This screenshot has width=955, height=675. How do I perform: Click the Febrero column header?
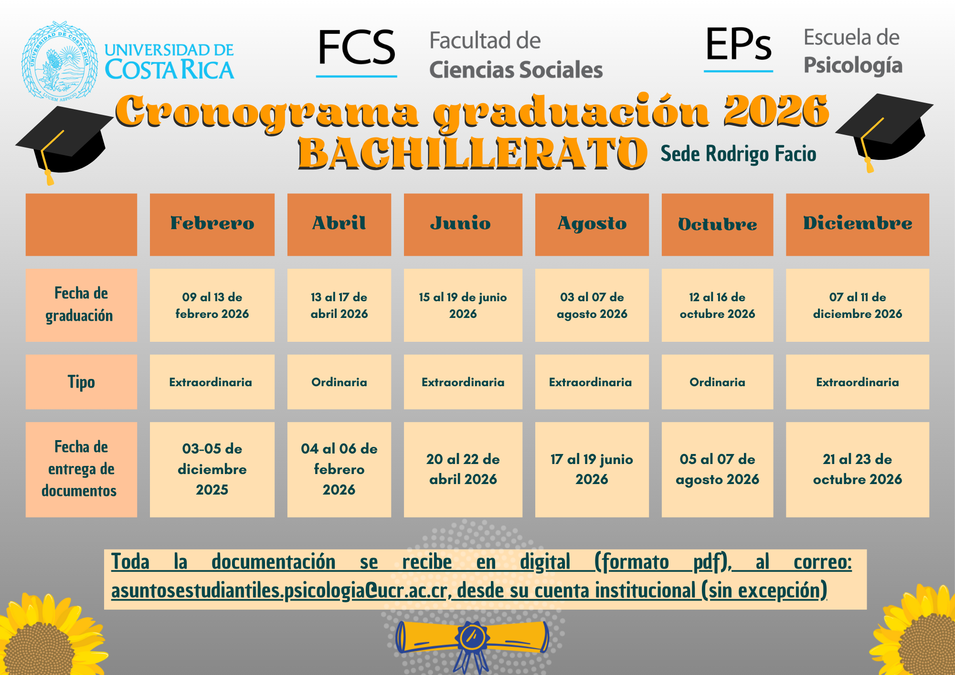(x=212, y=224)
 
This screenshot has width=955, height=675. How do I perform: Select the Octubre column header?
(x=717, y=224)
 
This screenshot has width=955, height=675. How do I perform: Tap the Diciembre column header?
(x=857, y=224)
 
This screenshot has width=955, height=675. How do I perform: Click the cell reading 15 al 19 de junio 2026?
(x=463, y=305)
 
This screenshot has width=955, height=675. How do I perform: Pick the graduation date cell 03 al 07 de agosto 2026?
(x=592, y=305)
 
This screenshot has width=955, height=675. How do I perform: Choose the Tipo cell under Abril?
(x=339, y=382)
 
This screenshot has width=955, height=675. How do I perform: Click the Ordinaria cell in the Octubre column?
(x=717, y=382)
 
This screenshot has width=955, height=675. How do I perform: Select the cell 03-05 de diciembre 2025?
(x=212, y=469)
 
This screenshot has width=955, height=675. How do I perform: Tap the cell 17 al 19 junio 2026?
(x=592, y=469)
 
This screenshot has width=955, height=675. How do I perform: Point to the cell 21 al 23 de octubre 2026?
(x=857, y=469)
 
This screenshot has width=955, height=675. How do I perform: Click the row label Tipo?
(x=81, y=382)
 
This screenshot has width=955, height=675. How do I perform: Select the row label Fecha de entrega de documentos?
(x=81, y=469)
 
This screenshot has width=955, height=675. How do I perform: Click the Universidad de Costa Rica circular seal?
(x=60, y=61)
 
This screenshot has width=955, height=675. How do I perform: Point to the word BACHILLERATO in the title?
(x=473, y=153)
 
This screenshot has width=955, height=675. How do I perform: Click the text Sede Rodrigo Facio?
(x=738, y=154)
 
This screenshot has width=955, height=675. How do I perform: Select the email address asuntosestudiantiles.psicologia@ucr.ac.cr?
(x=279, y=591)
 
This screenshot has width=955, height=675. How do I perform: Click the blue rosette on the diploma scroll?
(x=473, y=637)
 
